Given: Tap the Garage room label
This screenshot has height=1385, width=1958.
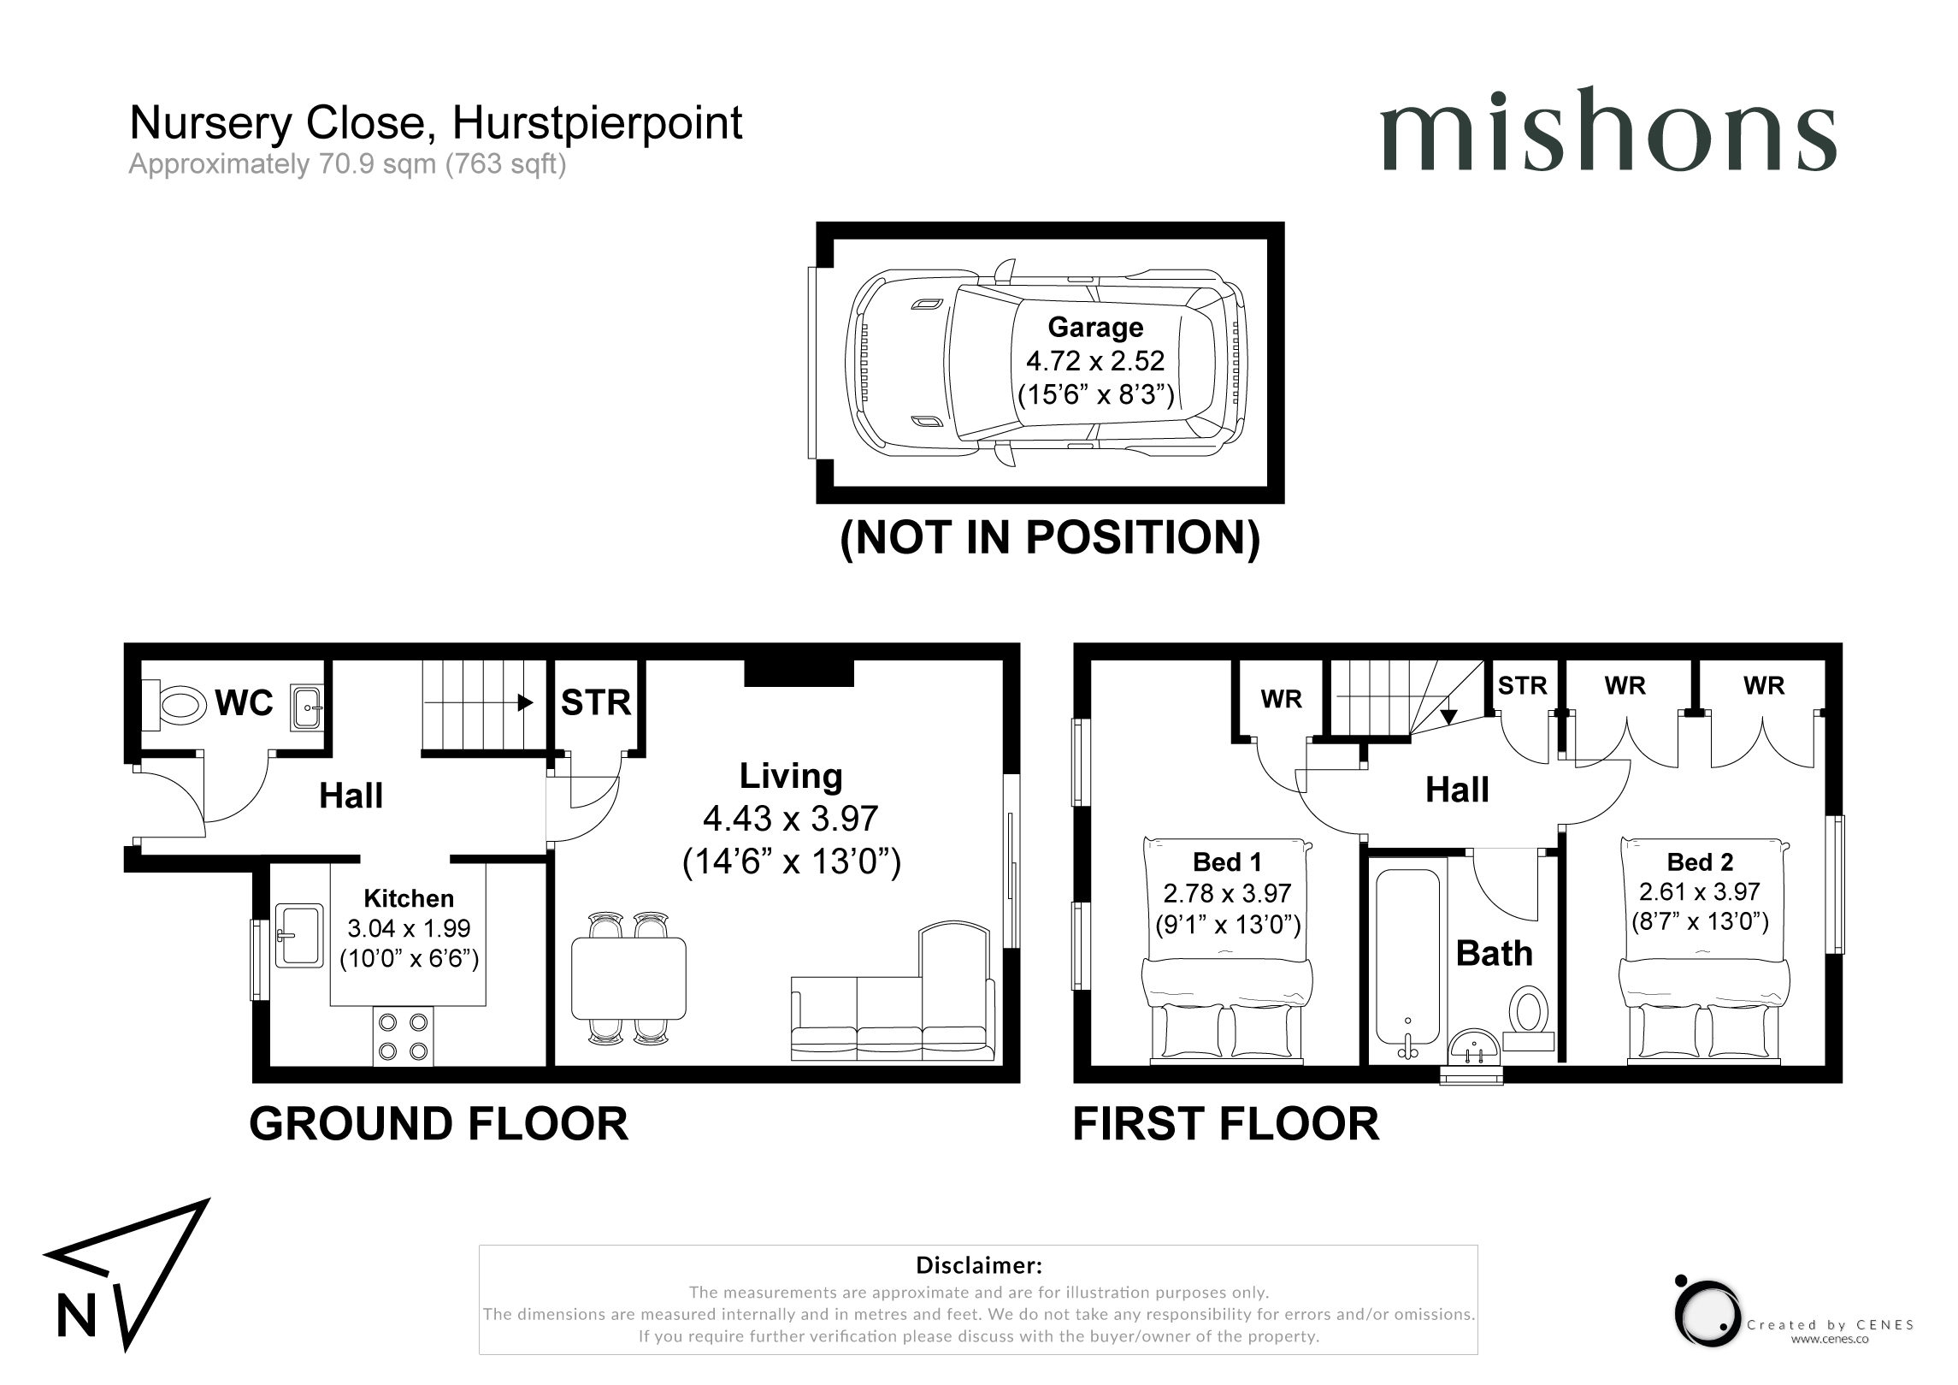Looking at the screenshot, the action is tap(1095, 327).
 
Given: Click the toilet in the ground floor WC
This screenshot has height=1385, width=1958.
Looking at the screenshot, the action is tap(175, 705).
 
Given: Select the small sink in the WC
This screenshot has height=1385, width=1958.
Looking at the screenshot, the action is tap(307, 707).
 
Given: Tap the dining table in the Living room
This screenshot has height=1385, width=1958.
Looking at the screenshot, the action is tap(629, 978).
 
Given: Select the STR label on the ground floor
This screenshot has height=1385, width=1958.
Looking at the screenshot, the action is tap(596, 703).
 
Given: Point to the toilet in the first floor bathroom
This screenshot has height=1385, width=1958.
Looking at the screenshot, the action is tap(1528, 1017).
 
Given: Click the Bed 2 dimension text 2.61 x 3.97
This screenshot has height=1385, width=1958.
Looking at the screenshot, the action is tap(1700, 891).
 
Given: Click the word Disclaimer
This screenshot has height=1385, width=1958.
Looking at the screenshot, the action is tap(979, 1265).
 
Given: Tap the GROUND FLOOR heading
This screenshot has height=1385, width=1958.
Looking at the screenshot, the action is tap(439, 1124).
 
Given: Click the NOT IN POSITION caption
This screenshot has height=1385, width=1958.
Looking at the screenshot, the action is tap(1051, 537).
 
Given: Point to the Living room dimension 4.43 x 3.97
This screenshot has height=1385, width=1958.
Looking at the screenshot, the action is tap(791, 819).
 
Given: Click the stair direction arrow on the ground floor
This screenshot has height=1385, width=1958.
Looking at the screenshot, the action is tap(479, 703).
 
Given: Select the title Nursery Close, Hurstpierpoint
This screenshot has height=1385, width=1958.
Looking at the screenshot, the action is tap(436, 122).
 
